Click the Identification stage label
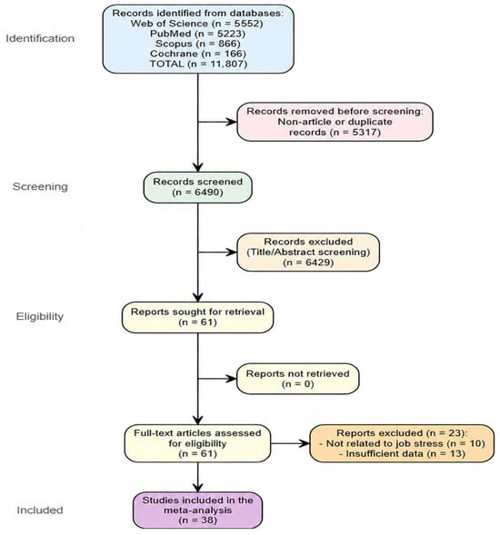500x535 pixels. tap(40, 38)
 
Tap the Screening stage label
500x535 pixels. tap(40, 186)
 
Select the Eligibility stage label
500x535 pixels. tap(40, 316)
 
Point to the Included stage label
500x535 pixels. tap(40, 510)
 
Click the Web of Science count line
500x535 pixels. tap(196, 24)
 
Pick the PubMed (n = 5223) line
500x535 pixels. tap(198, 34)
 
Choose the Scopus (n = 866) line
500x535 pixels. tap(198, 44)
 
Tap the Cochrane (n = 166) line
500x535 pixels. tap(198, 54)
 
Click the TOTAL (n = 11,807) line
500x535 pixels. tap(198, 64)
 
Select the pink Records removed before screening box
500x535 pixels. tap(335, 122)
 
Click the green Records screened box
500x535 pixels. tap(198, 187)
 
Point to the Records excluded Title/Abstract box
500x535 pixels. tap(308, 253)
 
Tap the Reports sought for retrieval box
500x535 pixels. tap(198, 317)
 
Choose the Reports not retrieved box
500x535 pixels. tap(298, 379)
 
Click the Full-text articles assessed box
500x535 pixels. tap(198, 443)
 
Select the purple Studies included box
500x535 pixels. tap(198, 510)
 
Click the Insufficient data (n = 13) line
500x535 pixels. tap(402, 454)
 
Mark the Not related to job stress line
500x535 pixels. tap(402, 443)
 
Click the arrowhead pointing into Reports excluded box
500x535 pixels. tap(305, 443)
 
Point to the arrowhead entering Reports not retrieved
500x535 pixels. tap(232, 379)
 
